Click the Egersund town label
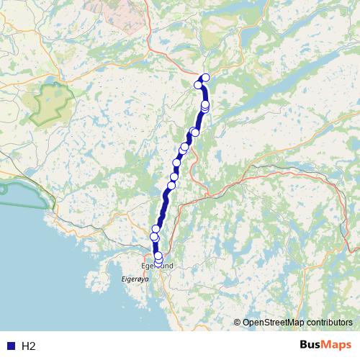tap(157, 266)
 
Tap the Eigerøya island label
tap(134, 276)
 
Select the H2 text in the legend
tap(28, 346)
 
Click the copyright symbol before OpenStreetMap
tap(238, 323)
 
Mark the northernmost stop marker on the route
tap(206, 78)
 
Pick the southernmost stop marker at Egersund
tap(158, 261)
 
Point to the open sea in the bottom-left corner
tap(36, 288)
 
